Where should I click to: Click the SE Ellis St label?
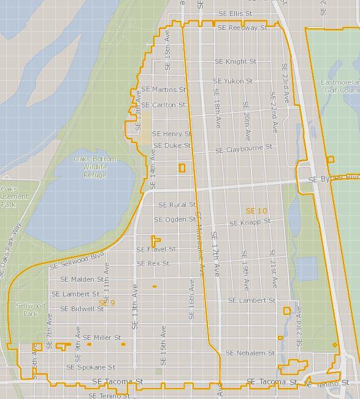(x=237, y=14)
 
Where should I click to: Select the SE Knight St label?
(x=236, y=61)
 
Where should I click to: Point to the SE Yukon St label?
(x=233, y=81)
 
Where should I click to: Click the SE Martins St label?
(x=163, y=90)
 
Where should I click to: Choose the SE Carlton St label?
(x=164, y=105)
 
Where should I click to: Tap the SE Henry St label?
(x=172, y=133)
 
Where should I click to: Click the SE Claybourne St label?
(x=243, y=149)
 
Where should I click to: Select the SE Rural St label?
(x=177, y=205)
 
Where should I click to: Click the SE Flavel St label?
(x=156, y=249)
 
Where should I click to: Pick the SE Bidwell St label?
(x=82, y=309)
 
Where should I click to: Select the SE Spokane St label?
(x=87, y=367)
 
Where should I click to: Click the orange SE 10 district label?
(x=256, y=211)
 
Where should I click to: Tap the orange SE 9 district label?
(x=107, y=303)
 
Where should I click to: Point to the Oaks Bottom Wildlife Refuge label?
(x=95, y=167)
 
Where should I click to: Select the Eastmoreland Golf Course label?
(x=340, y=86)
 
